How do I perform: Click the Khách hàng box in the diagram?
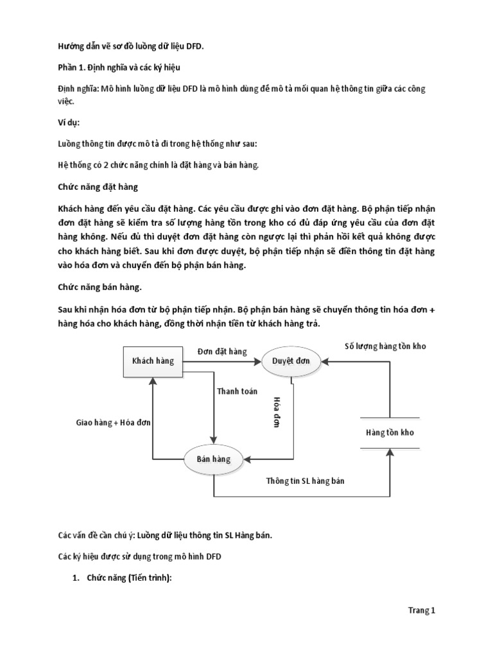(x=153, y=361)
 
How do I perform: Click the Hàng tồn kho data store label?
(x=390, y=432)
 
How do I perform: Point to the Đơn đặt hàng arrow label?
(x=222, y=352)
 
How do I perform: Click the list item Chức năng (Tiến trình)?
(x=131, y=578)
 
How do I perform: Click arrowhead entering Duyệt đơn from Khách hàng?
(x=259, y=361)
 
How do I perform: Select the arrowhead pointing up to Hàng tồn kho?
(x=390, y=452)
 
